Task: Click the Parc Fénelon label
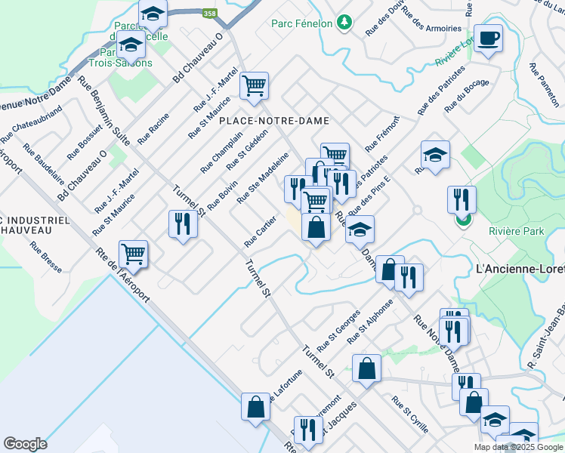pos(302,23)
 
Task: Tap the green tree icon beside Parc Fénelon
pos(345,23)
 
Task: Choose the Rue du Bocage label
pos(467,96)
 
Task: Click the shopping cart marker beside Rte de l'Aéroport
pos(133,254)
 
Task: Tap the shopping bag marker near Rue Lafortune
pos(255,406)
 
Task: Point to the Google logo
pos(25,444)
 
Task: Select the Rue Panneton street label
pos(544,84)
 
